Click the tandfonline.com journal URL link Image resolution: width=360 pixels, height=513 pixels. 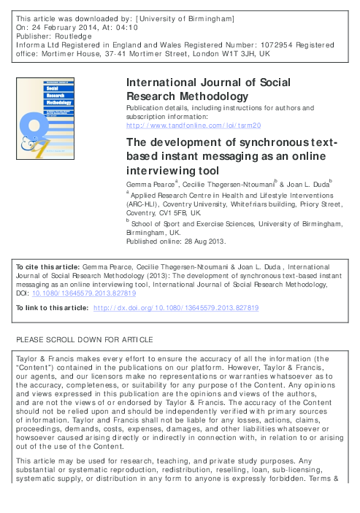tap(194, 126)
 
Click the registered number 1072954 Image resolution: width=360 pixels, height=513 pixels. tap(252, 45)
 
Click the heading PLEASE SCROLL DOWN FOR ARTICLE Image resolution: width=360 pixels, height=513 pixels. tap(85, 340)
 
